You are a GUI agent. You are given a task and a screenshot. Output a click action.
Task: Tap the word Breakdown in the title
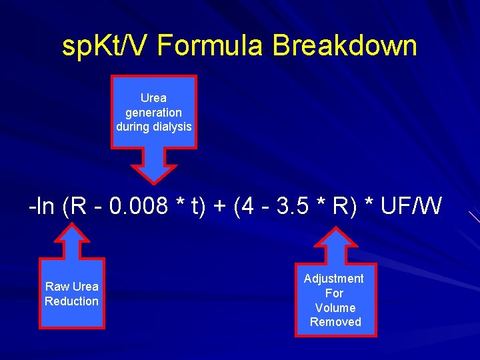tap(345, 47)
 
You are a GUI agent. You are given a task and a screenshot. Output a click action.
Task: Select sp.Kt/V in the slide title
tap(106, 47)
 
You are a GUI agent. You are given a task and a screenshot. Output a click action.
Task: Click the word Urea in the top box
tap(153, 98)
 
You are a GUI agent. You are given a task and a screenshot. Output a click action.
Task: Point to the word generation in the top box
tap(153, 113)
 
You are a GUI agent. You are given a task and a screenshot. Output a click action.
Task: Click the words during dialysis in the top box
tap(153, 127)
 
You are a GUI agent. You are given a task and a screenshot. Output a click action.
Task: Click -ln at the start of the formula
tap(41, 207)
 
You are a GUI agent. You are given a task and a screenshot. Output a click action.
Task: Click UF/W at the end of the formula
tap(411, 207)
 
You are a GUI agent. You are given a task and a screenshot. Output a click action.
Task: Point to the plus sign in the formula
tap(218, 207)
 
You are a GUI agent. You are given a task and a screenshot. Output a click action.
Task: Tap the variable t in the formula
tap(197, 207)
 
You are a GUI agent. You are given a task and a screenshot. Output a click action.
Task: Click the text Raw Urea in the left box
tap(72, 287)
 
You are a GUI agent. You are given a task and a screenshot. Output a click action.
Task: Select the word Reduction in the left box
tap(72, 301)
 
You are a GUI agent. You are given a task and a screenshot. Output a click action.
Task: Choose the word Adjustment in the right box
tap(334, 279)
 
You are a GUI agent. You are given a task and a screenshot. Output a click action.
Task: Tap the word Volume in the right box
tap(335, 308)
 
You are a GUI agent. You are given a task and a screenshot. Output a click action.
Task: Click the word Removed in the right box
tap(335, 322)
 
